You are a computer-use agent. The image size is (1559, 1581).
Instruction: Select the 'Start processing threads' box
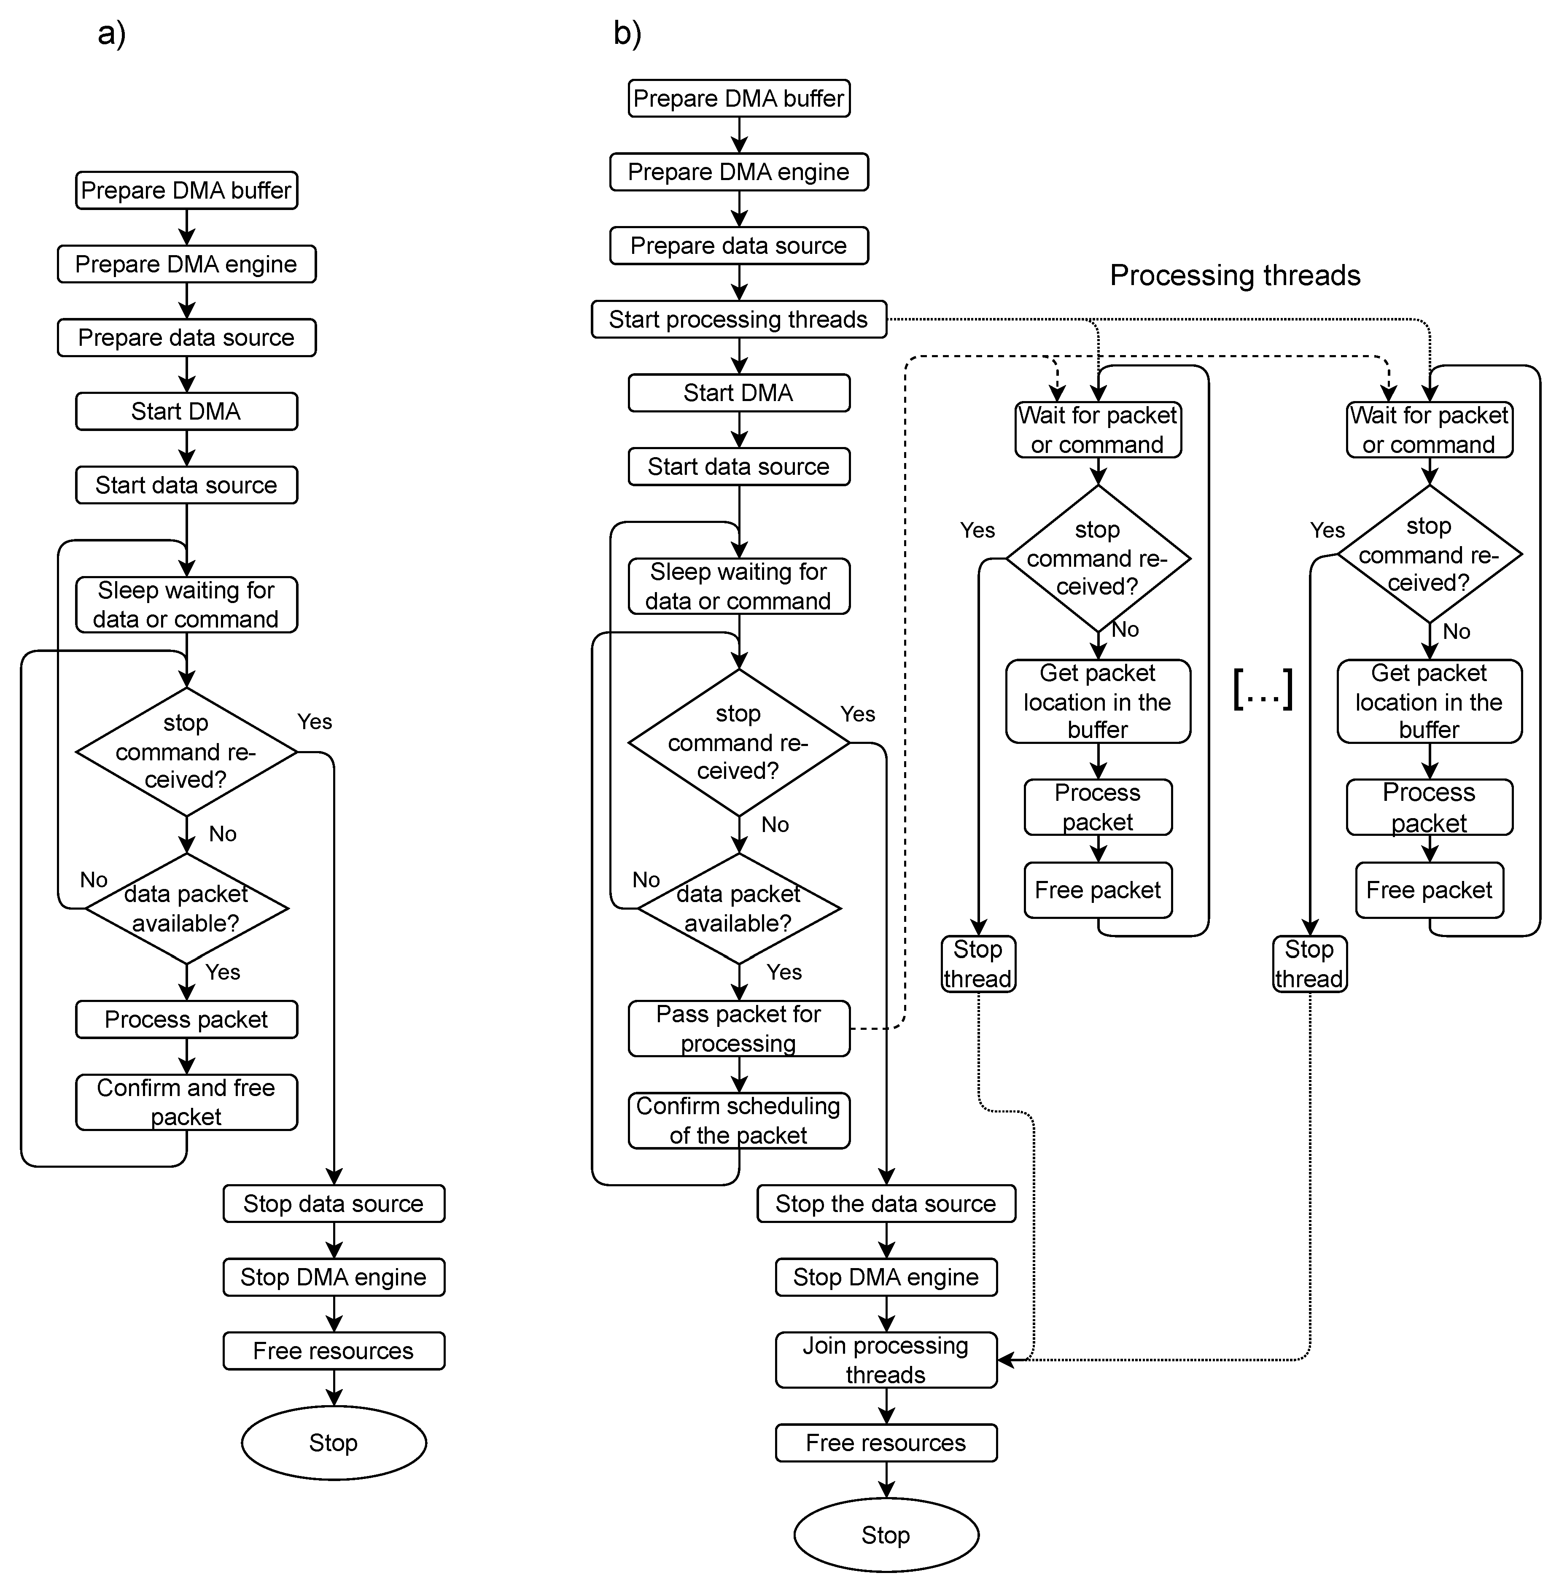click(x=738, y=319)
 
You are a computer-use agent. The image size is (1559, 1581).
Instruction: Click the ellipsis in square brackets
click(x=1262, y=689)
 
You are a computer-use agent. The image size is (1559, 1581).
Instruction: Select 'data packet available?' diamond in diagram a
click(x=186, y=908)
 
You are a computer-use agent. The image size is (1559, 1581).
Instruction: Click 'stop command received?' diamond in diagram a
click(x=186, y=751)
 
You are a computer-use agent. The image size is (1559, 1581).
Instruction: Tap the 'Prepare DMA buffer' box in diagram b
click(x=738, y=98)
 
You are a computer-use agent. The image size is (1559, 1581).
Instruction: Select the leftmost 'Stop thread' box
click(x=978, y=964)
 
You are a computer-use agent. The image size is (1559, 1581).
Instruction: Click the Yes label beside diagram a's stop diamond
click(x=314, y=722)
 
